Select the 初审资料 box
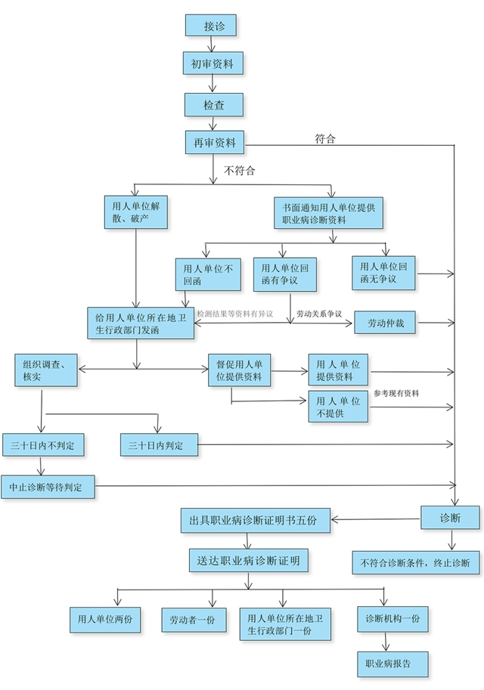click(x=213, y=63)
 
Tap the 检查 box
click(x=214, y=104)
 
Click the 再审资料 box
click(x=215, y=142)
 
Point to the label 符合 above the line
click(x=325, y=138)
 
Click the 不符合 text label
click(x=240, y=171)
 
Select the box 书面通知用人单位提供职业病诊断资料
click(x=329, y=213)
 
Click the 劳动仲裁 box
click(x=386, y=323)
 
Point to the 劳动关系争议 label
click(x=319, y=313)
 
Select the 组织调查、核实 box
click(x=45, y=370)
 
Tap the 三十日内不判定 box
click(x=42, y=446)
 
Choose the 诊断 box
click(x=450, y=518)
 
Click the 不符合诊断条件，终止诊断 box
click(x=414, y=562)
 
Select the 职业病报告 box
click(x=393, y=664)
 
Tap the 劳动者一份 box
click(x=188, y=620)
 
